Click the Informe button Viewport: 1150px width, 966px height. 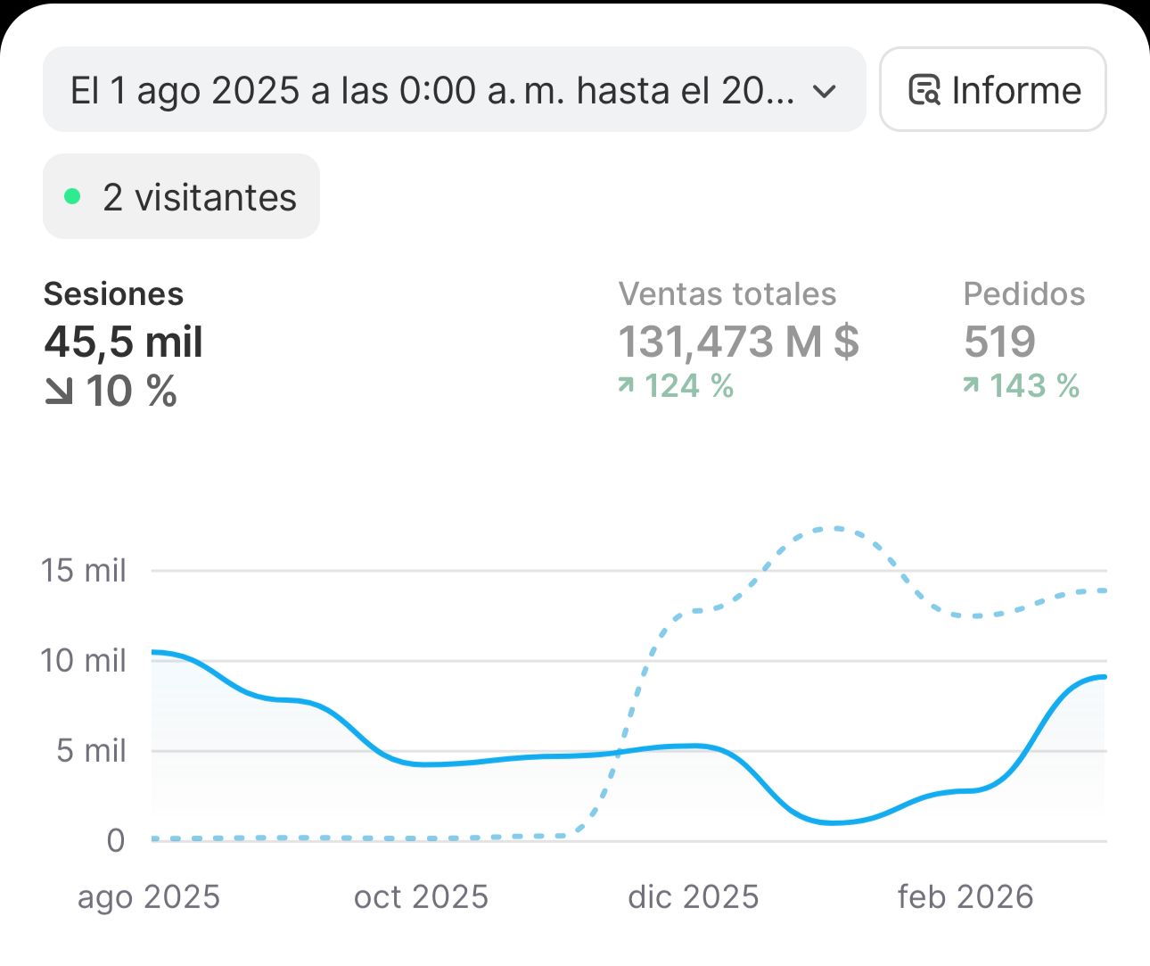pos(993,90)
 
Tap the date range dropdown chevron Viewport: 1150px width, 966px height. pos(826,91)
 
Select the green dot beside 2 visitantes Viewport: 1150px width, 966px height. pos(73,196)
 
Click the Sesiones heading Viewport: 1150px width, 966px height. pos(113,293)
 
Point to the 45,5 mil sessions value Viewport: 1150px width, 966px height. pos(124,342)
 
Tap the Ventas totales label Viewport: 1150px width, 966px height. pos(727,293)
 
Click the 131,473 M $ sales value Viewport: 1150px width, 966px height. pos(738,342)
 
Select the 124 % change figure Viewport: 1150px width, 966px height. pos(688,386)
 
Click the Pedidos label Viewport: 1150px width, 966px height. pos(1023,293)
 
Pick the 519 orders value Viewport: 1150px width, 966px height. pos(999,342)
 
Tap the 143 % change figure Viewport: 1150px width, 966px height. pos(1033,386)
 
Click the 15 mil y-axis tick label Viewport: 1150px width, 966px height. pos(84,570)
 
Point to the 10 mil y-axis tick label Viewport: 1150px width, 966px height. pos(84,661)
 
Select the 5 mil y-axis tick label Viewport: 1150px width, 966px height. pos(91,751)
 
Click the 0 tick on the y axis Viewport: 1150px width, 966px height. pos(116,840)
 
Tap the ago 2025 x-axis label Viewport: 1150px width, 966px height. pos(149,896)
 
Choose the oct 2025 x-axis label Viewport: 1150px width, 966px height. pos(421,896)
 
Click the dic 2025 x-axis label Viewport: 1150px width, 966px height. pos(693,896)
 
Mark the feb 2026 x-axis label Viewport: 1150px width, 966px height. pos(965,896)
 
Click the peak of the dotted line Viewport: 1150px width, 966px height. pos(834,529)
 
